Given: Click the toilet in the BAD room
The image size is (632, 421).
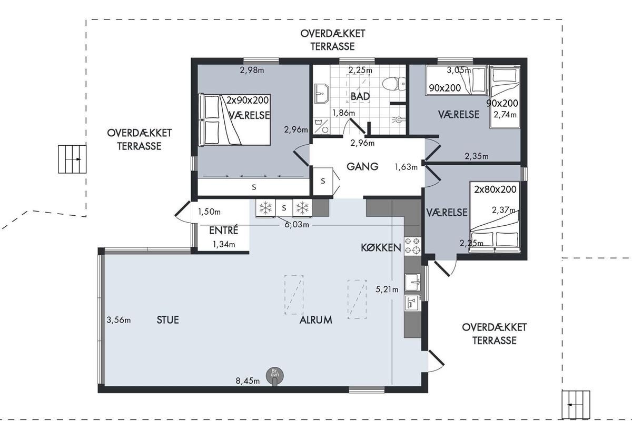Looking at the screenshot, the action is click(x=394, y=84).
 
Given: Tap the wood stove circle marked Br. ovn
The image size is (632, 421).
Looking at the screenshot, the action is click(x=274, y=375).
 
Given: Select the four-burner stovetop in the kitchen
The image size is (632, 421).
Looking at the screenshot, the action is click(x=412, y=246).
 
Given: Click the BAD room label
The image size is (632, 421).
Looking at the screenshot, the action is click(x=360, y=96).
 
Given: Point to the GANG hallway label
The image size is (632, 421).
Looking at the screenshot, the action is click(x=362, y=166).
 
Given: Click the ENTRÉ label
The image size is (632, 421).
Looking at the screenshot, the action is click(x=223, y=230).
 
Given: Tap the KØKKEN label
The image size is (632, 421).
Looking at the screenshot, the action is click(x=381, y=247).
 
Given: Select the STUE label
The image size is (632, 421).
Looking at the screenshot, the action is click(x=167, y=320).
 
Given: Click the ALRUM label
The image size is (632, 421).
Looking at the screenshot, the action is click(x=315, y=320).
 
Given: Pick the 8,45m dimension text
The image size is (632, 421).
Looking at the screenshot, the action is click(x=248, y=381).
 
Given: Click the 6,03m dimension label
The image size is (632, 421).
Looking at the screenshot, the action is click(x=297, y=225).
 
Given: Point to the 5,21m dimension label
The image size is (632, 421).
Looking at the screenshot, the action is click(x=387, y=289).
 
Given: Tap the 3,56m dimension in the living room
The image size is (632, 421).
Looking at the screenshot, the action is click(x=118, y=320).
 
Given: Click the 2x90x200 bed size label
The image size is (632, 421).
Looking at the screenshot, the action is click(x=248, y=100).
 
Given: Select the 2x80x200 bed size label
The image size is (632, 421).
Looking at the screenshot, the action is click(x=495, y=189).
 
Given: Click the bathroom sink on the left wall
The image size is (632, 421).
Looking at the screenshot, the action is click(x=321, y=93).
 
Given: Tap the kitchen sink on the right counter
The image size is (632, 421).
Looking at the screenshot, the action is click(x=412, y=282).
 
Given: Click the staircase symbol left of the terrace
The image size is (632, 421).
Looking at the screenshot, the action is click(x=72, y=159).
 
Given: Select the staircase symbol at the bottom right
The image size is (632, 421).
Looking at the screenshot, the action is click(x=576, y=405).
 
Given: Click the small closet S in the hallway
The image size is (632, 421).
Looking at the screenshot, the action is click(x=323, y=181).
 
